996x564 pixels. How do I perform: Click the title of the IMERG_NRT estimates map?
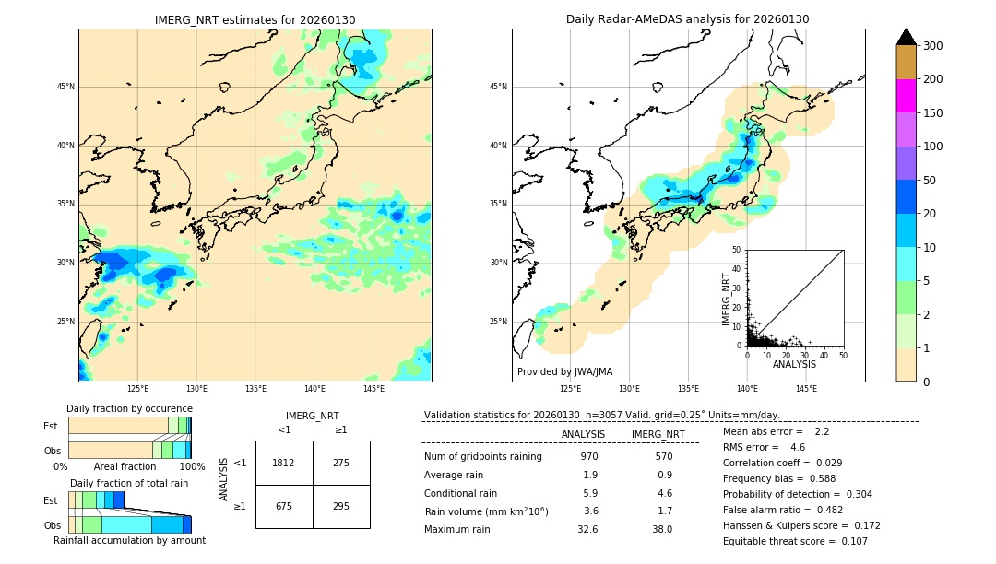pyautogui.click(x=255, y=19)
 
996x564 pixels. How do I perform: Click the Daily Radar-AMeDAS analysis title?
pyautogui.click(x=688, y=19)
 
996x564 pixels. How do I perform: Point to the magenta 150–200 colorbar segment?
pyautogui.click(x=906, y=96)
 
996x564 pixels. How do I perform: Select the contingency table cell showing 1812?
pyautogui.click(x=284, y=463)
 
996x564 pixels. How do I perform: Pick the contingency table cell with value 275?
pyautogui.click(x=341, y=463)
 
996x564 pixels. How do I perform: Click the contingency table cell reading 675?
pyautogui.click(x=284, y=506)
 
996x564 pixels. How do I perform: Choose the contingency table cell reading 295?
pyautogui.click(x=341, y=506)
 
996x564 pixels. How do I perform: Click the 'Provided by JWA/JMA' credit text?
pyautogui.click(x=564, y=371)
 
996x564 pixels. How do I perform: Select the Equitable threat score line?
pyautogui.click(x=782, y=541)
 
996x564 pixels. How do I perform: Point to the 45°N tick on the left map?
pyautogui.click(x=65, y=87)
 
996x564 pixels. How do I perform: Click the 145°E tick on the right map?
pyautogui.click(x=806, y=389)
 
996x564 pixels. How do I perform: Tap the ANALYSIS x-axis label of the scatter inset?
pyautogui.click(x=794, y=364)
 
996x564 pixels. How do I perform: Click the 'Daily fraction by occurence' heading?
pyautogui.click(x=129, y=408)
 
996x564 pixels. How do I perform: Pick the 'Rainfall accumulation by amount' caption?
pyautogui.click(x=129, y=540)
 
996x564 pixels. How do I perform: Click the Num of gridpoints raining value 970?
pyautogui.click(x=589, y=456)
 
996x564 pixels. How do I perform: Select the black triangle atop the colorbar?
pyautogui.click(x=907, y=37)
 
